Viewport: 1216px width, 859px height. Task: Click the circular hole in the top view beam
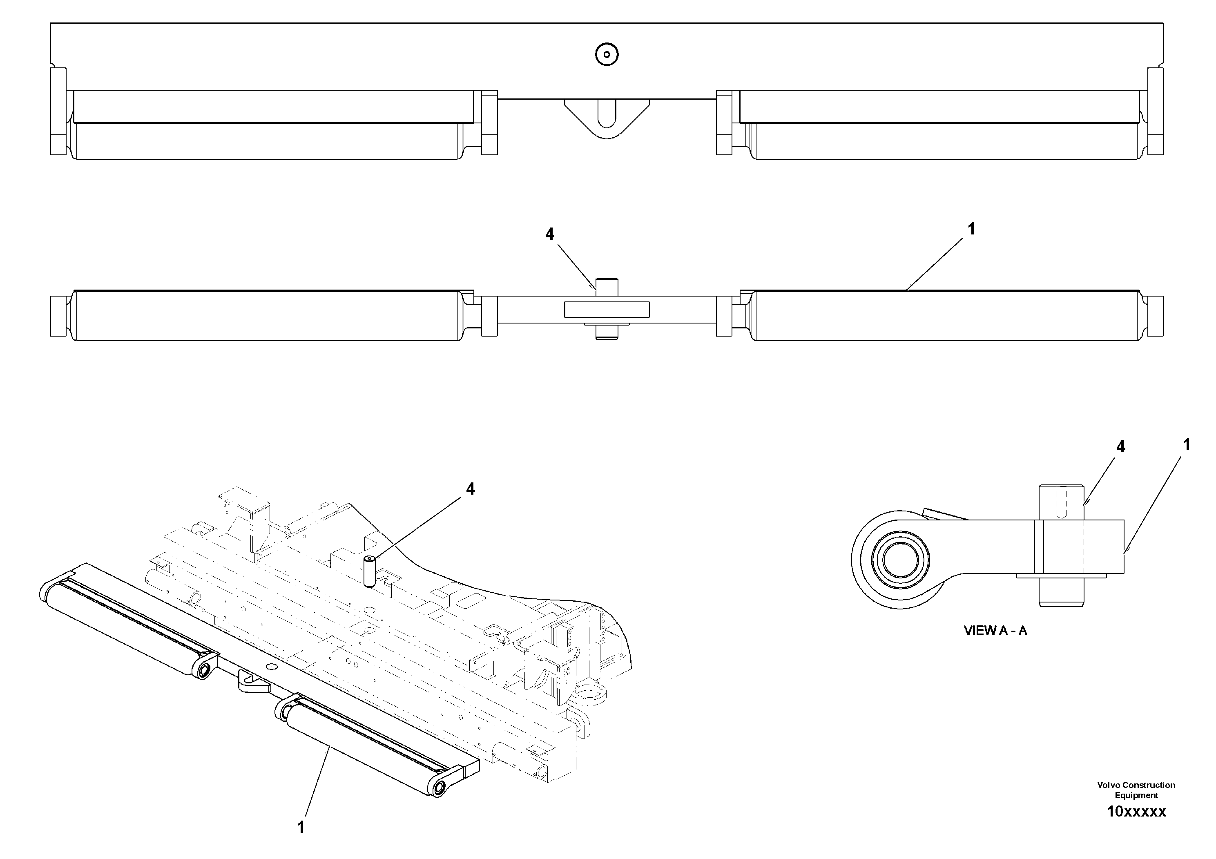tap(607, 54)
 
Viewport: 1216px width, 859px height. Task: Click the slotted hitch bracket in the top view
tap(607, 118)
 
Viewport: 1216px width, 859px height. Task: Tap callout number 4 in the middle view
tap(550, 234)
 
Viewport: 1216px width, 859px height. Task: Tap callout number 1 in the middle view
tap(971, 229)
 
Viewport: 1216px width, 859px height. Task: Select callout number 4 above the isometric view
tap(470, 489)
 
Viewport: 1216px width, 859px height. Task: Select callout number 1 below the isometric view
tap(301, 827)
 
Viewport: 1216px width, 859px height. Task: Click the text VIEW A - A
tap(995, 631)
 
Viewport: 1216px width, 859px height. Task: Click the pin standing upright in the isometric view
tap(369, 571)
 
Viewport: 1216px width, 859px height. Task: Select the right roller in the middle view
tap(945, 316)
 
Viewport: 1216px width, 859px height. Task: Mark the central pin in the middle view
tap(607, 309)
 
